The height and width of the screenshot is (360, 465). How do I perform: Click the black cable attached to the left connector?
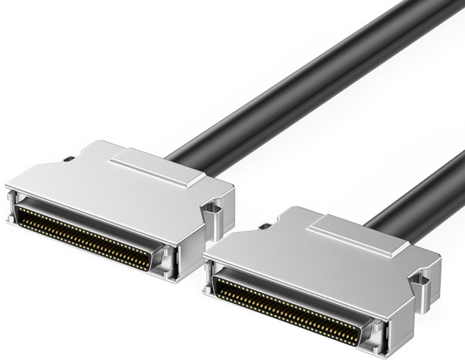pyautogui.click(x=283, y=78)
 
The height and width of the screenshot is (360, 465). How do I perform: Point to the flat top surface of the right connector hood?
pyautogui.click(x=311, y=255)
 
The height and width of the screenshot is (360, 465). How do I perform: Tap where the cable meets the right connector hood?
pyautogui.click(x=382, y=219)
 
